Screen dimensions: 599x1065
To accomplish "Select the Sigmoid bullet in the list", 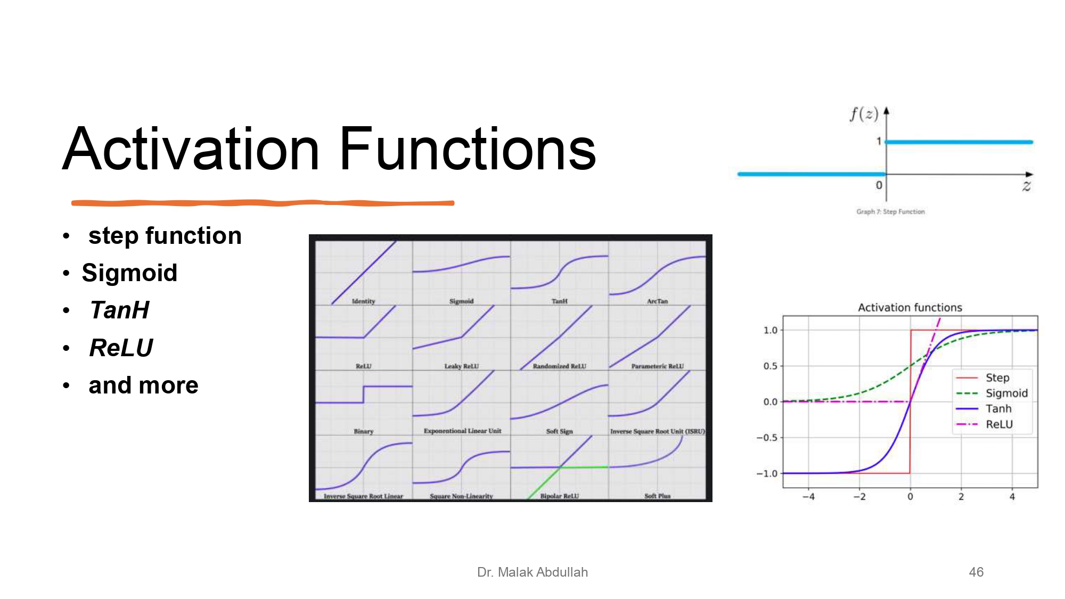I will click(x=129, y=273).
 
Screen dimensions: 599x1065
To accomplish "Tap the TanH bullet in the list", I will click(x=119, y=310).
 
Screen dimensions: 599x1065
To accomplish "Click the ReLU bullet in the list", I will click(x=121, y=348).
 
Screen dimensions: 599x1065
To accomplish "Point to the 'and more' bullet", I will click(x=143, y=385).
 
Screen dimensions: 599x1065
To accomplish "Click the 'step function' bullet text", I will click(x=165, y=236).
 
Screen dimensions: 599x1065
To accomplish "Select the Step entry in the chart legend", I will click(x=997, y=378).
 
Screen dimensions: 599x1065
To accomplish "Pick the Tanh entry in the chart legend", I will click(x=998, y=409).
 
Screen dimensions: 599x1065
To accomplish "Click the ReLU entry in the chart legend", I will click(x=999, y=424).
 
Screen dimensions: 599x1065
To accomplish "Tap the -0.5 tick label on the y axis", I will click(x=767, y=438).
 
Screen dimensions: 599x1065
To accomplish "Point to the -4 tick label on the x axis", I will click(x=808, y=497).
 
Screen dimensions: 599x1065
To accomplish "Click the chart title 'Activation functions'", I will click(x=910, y=308).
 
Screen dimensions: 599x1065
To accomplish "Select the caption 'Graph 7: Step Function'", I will click(x=890, y=212).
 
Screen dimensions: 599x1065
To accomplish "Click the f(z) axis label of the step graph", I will click(x=863, y=114).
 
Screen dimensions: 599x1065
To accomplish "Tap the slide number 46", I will click(x=976, y=572).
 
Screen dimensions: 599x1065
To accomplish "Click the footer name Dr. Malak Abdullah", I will click(x=532, y=572).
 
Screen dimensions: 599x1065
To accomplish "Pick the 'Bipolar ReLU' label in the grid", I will click(x=559, y=496).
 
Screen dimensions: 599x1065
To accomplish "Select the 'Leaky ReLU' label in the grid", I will click(x=461, y=366).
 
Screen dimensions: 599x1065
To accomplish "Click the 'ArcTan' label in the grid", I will click(x=657, y=301).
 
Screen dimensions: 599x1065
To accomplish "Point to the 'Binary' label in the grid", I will click(x=363, y=431).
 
